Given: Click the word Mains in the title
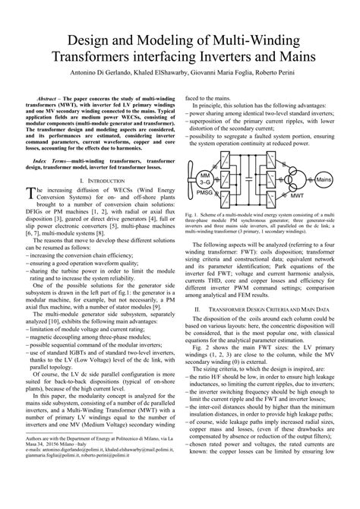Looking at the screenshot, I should pyautogui.click(x=289, y=58).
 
